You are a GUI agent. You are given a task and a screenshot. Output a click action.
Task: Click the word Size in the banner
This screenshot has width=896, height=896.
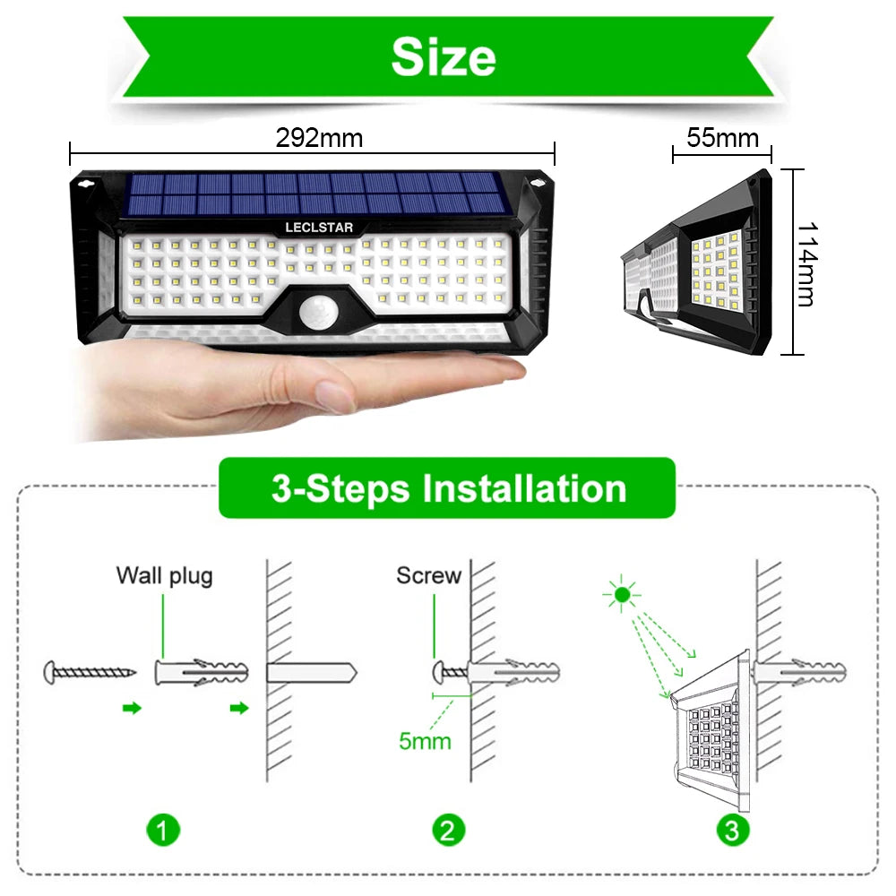point(444,57)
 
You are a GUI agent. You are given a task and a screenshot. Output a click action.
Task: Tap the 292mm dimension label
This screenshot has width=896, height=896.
point(319,137)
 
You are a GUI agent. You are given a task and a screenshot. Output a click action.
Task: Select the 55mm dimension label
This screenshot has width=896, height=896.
point(722,138)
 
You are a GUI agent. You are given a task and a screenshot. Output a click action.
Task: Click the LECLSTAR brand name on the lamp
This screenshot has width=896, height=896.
point(319,228)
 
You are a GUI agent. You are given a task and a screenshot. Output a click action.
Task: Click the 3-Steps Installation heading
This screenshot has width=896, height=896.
point(448,489)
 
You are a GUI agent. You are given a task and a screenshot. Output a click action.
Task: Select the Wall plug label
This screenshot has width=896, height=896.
point(164,575)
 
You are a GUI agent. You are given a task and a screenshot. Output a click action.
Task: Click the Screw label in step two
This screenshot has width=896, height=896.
point(428,575)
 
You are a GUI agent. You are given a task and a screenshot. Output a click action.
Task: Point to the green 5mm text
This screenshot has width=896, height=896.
point(425,741)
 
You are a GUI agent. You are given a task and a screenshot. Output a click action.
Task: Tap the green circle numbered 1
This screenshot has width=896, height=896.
point(161,831)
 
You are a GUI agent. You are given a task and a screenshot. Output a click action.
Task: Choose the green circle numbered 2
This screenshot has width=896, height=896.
point(448,831)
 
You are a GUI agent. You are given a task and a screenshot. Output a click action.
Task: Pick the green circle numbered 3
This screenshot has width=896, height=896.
point(732,831)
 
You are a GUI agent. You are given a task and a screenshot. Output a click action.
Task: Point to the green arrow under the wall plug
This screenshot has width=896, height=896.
point(237,709)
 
